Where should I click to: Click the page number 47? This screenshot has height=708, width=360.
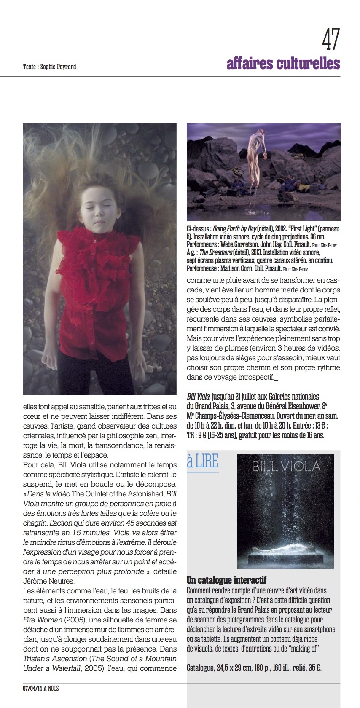click(x=330, y=39)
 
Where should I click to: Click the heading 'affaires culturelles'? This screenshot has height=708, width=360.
click(x=283, y=63)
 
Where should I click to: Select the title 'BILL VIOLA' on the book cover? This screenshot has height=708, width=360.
click(x=286, y=467)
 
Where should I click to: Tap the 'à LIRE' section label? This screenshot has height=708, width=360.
click(x=202, y=462)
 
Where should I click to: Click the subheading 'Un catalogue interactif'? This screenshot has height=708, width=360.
click(x=226, y=580)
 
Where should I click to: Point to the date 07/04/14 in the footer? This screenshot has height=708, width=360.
click(x=32, y=688)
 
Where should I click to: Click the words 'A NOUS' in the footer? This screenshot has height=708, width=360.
click(x=51, y=688)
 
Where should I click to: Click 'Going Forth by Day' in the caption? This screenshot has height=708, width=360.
click(x=234, y=229)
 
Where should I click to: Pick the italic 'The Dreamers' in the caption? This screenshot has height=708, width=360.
click(x=215, y=252)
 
